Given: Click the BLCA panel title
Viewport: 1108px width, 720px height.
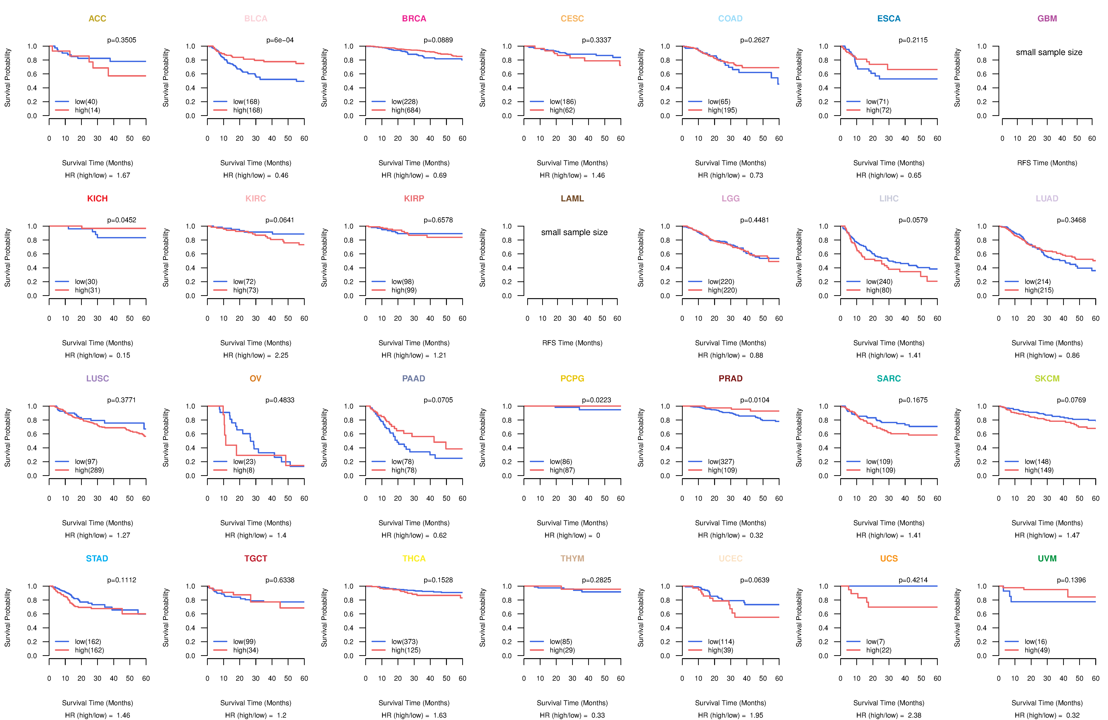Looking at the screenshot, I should click(x=256, y=19).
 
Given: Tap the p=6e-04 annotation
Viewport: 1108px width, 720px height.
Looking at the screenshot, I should click(x=280, y=40).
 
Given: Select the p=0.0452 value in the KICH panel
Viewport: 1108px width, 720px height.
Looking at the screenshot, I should click(x=122, y=220).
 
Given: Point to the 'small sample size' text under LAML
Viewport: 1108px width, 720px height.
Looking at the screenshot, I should click(x=574, y=232).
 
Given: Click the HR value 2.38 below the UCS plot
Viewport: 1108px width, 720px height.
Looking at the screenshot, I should click(x=914, y=715).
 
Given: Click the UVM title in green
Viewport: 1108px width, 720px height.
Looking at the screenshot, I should click(x=1047, y=558).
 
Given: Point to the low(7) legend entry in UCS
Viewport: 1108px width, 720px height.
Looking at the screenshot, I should click(x=875, y=642).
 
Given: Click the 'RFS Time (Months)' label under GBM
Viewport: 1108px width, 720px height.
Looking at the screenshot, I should click(x=1047, y=163).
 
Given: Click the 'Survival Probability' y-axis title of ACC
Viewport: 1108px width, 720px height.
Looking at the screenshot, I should click(x=7, y=78).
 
